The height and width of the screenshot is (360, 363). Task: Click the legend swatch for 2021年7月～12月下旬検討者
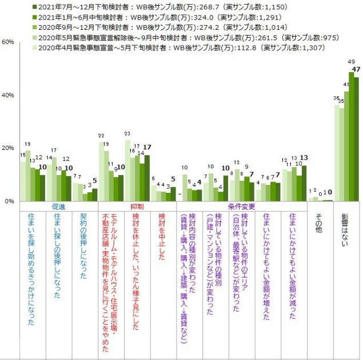coord(35,7)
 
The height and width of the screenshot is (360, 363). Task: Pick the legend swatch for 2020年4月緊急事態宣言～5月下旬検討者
coord(35,48)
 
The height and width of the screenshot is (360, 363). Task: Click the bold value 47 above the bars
coord(356,69)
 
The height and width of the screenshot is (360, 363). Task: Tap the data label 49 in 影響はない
coord(351,62)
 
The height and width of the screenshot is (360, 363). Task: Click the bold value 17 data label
coord(147,147)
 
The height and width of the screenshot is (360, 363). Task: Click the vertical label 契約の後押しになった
coord(83,243)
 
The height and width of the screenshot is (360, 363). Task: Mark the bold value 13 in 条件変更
coord(304,157)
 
